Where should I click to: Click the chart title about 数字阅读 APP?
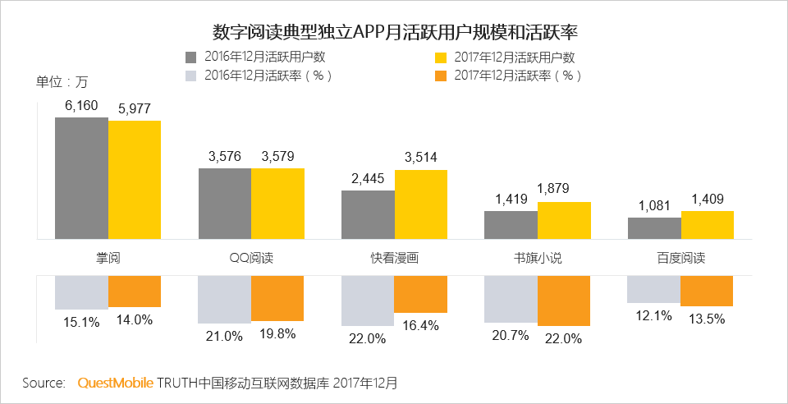[395, 32]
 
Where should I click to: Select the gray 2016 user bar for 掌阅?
[81, 177]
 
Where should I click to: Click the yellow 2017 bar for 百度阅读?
[707, 224]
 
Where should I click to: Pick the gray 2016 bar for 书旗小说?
[511, 224]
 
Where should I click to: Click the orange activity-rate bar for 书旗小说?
[564, 301]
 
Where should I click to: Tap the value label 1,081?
[654, 206]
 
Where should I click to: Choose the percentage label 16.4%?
[421, 325]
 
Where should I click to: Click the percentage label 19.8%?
[277, 335]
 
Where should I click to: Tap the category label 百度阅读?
[680, 258]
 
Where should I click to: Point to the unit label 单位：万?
[61, 81]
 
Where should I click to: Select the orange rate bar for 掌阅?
[135, 292]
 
